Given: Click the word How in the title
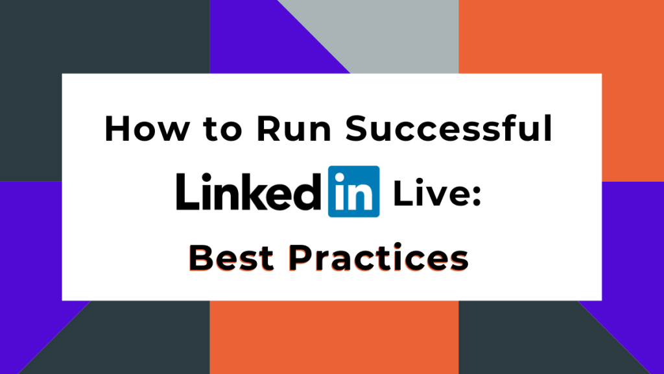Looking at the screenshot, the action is pyautogui.click(x=147, y=129).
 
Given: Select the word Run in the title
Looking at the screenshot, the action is pyautogui.click(x=294, y=129).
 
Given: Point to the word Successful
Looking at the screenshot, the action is pyautogui.click(x=449, y=128).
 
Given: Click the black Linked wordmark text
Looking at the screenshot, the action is pyautogui.click(x=248, y=192).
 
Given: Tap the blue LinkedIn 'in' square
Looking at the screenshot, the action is pyautogui.click(x=353, y=192).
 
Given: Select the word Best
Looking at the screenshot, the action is pyautogui.click(x=231, y=257).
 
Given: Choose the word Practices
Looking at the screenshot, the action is pyautogui.click(x=379, y=257).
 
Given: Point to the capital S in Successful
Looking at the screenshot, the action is pyautogui.click(x=357, y=129).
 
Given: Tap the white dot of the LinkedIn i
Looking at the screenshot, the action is pyautogui.click(x=339, y=178).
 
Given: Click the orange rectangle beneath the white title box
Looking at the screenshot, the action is pyautogui.click(x=334, y=338).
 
